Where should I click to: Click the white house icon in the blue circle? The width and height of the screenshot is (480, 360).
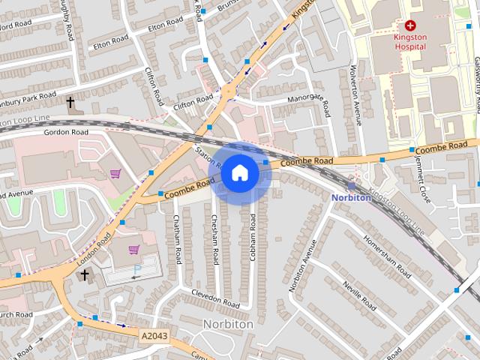click(239, 172)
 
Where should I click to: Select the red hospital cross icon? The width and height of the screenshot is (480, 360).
click(410, 25)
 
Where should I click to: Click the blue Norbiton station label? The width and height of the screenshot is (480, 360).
click(351, 197)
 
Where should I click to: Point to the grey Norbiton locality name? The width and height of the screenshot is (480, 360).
click(228, 324)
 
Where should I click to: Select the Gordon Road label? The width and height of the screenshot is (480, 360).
click(66, 132)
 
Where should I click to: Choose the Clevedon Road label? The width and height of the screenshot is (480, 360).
click(214, 298)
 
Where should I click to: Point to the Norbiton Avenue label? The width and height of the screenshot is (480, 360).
click(298, 265)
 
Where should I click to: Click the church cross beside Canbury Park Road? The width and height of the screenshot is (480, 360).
click(70, 102)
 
